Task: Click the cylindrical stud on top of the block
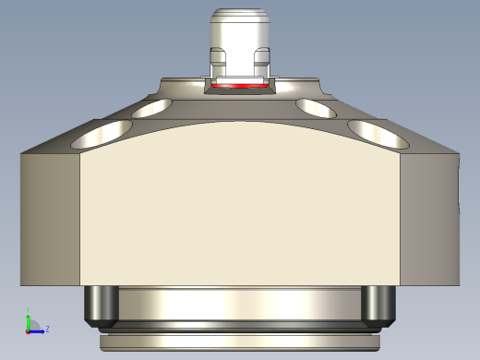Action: [240, 42]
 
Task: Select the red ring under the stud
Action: [240, 86]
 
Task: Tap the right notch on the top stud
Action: [261, 66]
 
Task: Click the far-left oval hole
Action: [96, 137]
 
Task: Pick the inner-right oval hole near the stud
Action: [316, 108]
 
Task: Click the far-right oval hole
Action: [378, 136]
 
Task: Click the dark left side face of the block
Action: [51, 217]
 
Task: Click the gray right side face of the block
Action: [429, 217]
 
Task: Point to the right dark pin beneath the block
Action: [378, 306]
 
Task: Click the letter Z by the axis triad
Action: [47, 328]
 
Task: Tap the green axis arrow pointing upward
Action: [28, 318]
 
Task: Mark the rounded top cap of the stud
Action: [240, 16]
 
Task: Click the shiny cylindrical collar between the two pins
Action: [240, 303]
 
